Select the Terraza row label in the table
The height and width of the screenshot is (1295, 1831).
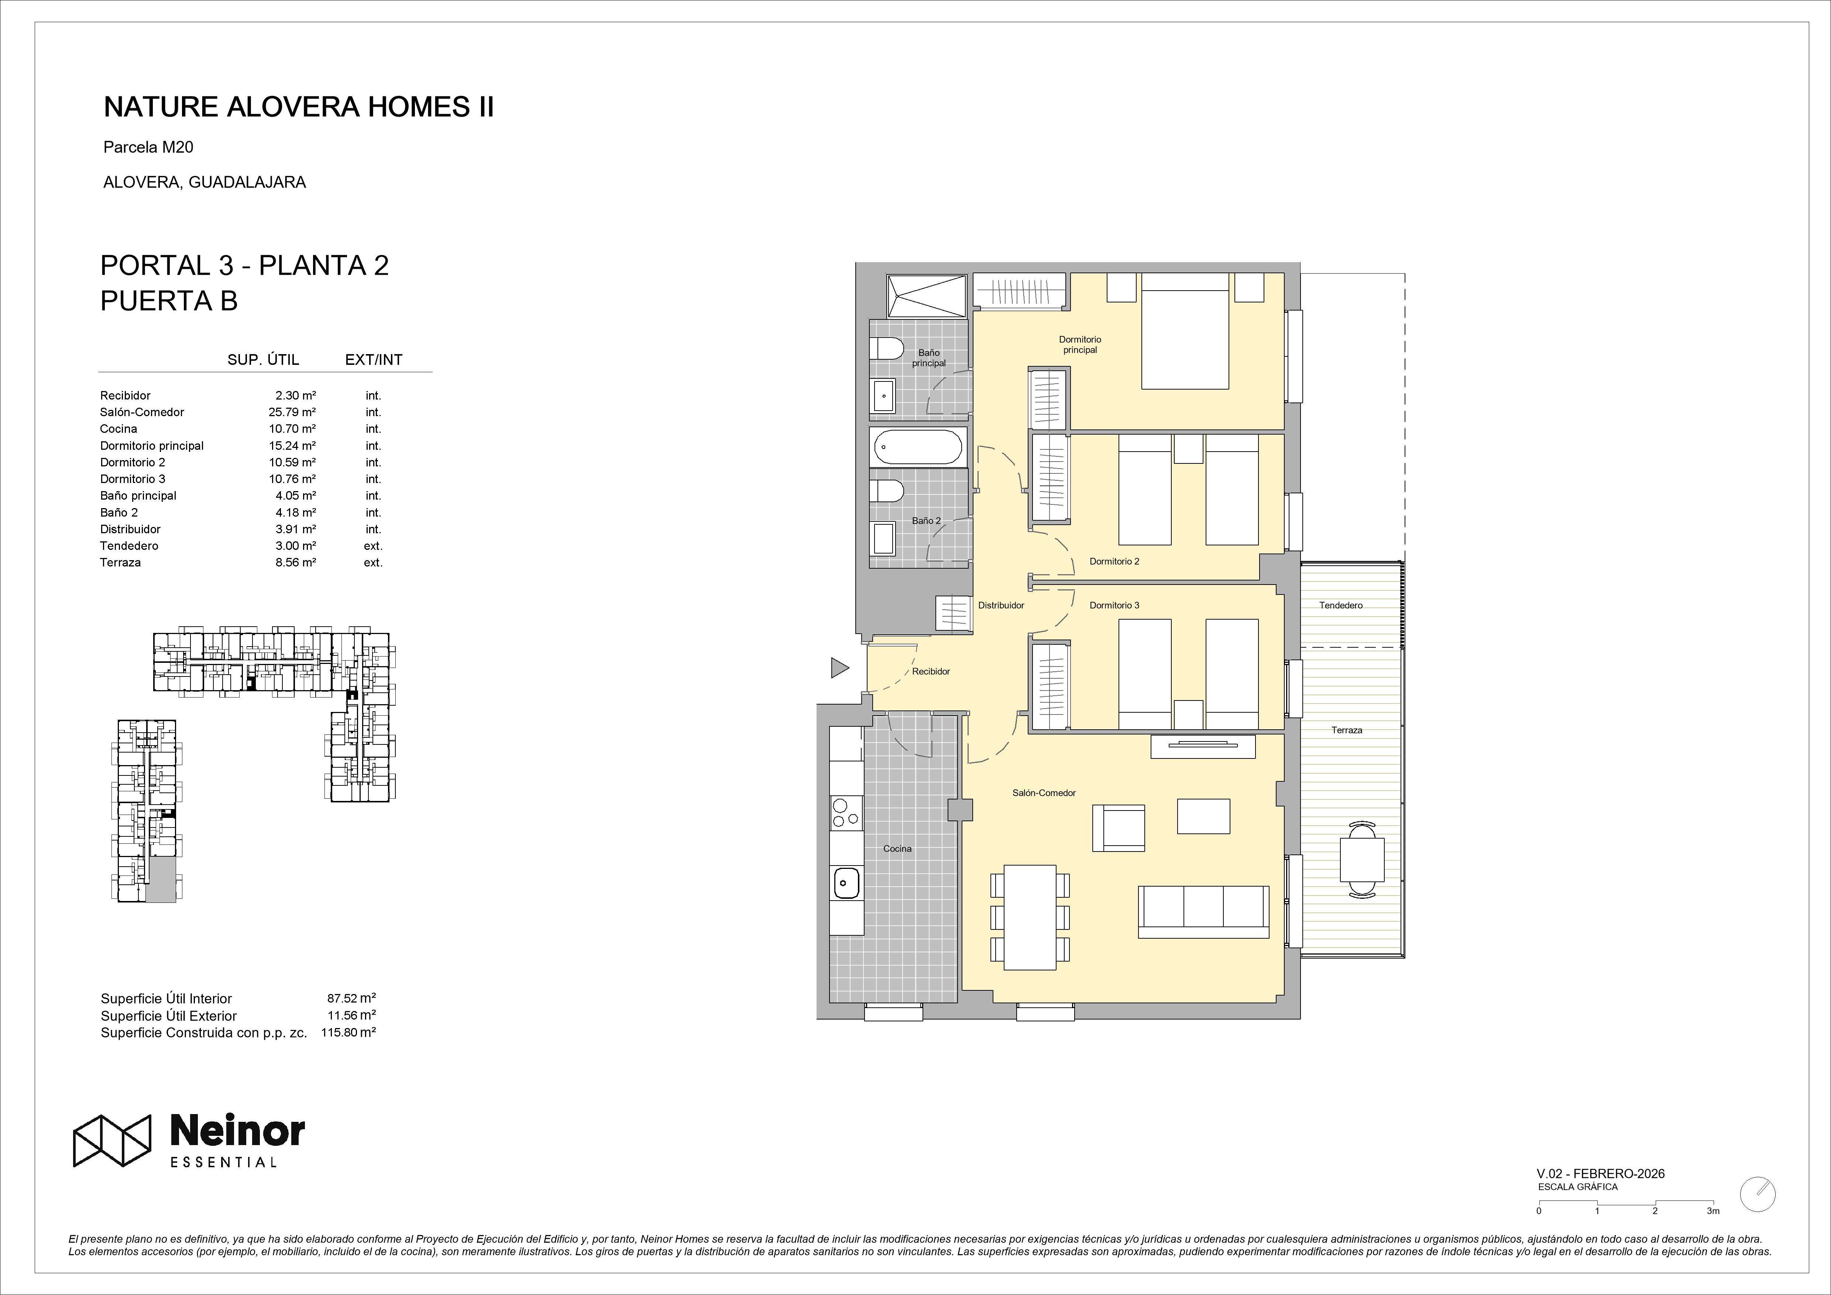click(x=120, y=562)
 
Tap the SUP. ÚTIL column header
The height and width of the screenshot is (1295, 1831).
click(x=263, y=360)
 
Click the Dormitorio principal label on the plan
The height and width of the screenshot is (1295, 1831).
click(x=1080, y=345)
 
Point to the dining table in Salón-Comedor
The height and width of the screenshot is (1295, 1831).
click(x=1030, y=917)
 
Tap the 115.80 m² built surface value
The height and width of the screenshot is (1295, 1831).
click(x=348, y=1032)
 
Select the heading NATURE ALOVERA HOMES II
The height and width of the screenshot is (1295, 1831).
click(x=299, y=107)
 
